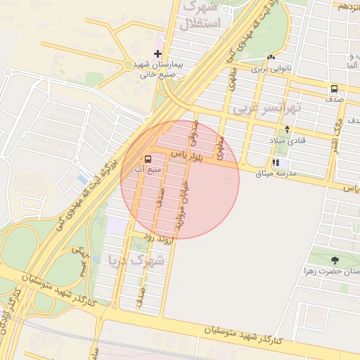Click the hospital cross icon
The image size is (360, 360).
(x=157, y=53)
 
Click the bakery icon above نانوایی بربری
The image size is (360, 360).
(x=271, y=58)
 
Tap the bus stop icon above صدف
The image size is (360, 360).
(x=334, y=89)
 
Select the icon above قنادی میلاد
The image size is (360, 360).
(x=287, y=130)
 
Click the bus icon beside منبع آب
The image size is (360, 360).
(x=148, y=159)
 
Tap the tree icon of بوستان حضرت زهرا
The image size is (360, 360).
(x=334, y=261)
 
